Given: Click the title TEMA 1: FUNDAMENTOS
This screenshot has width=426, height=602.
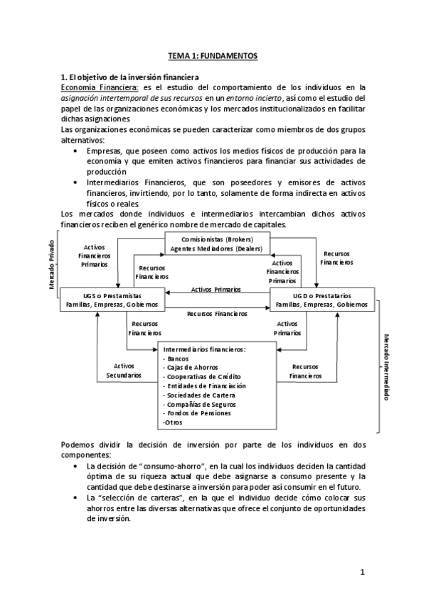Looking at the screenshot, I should [213, 55].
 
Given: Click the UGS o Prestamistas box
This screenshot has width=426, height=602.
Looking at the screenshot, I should [112, 299].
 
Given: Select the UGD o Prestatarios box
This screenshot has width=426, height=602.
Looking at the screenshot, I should [321, 299].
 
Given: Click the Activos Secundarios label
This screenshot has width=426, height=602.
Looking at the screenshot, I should [119, 370].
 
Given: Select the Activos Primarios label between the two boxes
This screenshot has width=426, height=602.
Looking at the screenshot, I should [215, 290].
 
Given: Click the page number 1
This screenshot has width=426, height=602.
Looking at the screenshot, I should [362, 571].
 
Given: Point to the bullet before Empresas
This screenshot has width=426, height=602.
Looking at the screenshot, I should [76, 150].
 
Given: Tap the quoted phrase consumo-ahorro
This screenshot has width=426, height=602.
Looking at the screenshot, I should [163, 466].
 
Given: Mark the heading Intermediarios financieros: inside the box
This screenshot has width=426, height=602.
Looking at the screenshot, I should [204, 349].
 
